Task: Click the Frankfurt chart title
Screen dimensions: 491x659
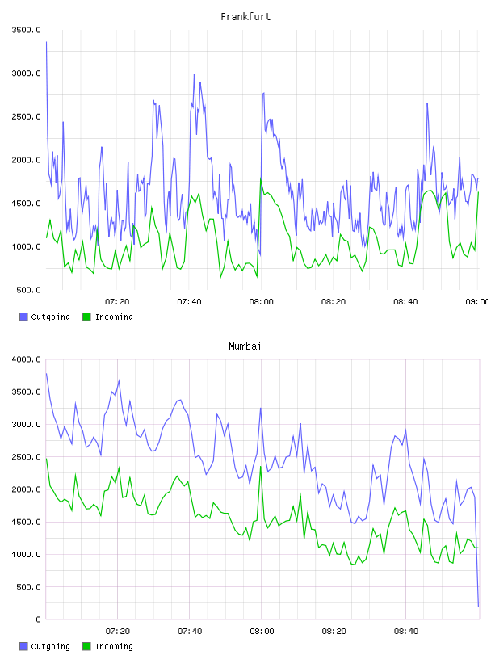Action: (245, 17)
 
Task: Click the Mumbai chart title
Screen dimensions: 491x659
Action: (245, 346)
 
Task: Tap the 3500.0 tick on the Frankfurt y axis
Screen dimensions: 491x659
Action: (26, 30)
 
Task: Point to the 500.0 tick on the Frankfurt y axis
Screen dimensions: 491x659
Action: (28, 290)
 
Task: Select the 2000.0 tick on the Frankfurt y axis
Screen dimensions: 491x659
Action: (26, 160)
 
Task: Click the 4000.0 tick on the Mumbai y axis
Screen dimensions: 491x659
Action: (26, 359)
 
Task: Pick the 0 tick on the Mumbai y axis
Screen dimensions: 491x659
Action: (38, 619)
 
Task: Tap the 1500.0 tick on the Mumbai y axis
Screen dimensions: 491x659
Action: (26, 522)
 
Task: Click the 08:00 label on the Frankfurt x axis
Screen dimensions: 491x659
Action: (261, 302)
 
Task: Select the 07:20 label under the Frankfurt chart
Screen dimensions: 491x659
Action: (117, 302)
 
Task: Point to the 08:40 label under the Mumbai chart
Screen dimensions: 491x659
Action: (406, 632)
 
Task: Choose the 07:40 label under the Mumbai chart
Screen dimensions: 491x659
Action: (190, 632)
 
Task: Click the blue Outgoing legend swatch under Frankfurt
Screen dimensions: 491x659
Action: (23, 317)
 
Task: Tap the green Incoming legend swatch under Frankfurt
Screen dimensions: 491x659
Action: (86, 317)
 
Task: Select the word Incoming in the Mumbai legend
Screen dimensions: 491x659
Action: (114, 646)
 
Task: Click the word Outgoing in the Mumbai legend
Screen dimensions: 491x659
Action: (50, 646)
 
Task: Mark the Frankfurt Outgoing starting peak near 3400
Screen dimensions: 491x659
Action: (46, 42)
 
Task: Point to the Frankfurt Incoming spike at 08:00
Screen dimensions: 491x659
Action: (261, 179)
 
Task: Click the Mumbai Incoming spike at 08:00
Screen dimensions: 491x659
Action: (261, 467)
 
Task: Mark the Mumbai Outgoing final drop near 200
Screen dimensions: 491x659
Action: (478, 607)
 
